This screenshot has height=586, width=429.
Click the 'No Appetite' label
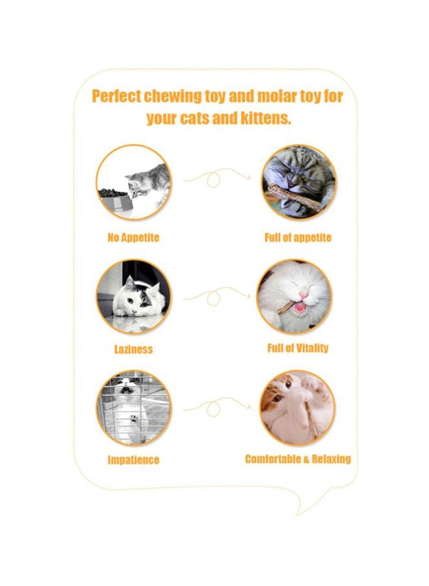[x=133, y=238]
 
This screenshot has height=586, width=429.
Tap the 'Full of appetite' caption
[x=298, y=238]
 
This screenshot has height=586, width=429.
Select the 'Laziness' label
[x=133, y=349]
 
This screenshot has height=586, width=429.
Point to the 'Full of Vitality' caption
[x=298, y=348]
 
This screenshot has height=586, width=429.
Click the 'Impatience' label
[x=133, y=460]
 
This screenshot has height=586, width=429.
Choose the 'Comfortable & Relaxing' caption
[x=298, y=459]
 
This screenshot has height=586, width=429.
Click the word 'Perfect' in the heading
[x=116, y=97]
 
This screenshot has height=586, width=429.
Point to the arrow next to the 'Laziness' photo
[x=216, y=296]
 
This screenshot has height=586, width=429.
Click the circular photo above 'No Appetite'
[x=134, y=182]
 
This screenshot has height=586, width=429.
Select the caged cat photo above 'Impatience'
[x=134, y=408]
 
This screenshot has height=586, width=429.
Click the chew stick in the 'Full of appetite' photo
[x=296, y=197]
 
